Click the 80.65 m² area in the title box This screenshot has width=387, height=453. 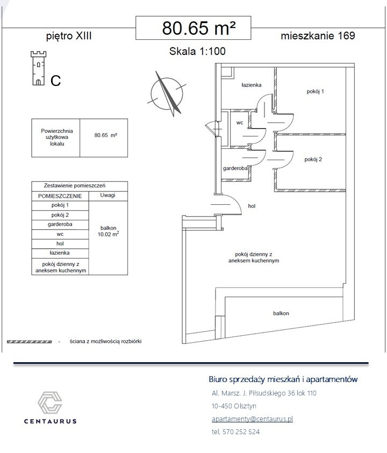pos(199,27)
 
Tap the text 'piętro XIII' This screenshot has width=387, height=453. pos(69,36)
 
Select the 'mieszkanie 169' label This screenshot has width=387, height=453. pos(318,36)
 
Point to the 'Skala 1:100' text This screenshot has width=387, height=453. pos(197,52)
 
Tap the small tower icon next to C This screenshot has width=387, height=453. pos(38,68)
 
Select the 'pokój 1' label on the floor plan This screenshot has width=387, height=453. pos(315,91)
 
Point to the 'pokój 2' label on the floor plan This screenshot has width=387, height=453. pos(312,159)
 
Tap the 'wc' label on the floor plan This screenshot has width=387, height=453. pos(240,123)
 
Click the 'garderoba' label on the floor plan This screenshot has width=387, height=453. pos(235,169)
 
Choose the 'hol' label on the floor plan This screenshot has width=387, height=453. pos(252,206)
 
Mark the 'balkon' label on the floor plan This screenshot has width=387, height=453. pos(281,313)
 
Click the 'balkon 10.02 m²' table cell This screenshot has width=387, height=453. pos(108,231)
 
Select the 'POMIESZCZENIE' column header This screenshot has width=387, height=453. pos(60,196)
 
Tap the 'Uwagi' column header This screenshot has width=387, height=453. pos(107,196)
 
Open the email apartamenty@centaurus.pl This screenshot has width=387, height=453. pos(253,419)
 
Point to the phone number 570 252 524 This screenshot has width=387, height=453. pos(235,432)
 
